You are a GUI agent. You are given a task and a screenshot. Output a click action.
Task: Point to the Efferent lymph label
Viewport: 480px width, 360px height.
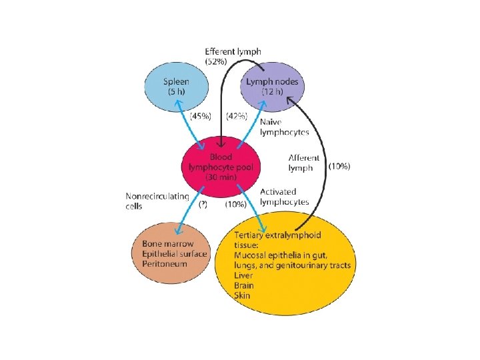pos(233,51)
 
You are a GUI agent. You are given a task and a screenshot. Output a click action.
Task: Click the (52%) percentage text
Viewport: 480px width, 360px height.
pos(217,61)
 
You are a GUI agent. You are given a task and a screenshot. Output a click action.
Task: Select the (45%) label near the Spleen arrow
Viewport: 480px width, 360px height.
pos(201,116)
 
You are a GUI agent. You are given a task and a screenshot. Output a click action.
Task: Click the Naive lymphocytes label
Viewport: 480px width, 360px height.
pos(284,127)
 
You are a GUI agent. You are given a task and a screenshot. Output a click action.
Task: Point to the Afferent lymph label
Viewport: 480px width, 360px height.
pos(304,163)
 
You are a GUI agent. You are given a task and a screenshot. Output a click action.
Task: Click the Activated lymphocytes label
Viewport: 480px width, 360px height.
pos(284,196)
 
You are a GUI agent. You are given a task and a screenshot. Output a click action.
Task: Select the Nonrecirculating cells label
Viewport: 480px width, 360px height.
pos(157,201)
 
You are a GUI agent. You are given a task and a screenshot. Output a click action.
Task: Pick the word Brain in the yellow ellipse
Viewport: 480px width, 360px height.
pos(245,284)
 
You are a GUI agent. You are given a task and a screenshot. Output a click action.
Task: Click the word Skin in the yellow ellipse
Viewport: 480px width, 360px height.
pos(243,294)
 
